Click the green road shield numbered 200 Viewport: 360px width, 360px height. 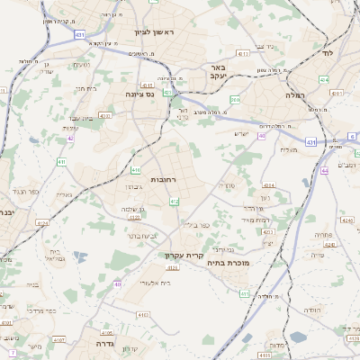pos(234,99)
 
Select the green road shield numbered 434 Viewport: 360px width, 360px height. pos(324,79)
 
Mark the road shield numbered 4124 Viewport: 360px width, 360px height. pos(134,216)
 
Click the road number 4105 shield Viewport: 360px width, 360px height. pos(107,331)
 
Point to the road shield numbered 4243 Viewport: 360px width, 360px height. pos(328,243)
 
